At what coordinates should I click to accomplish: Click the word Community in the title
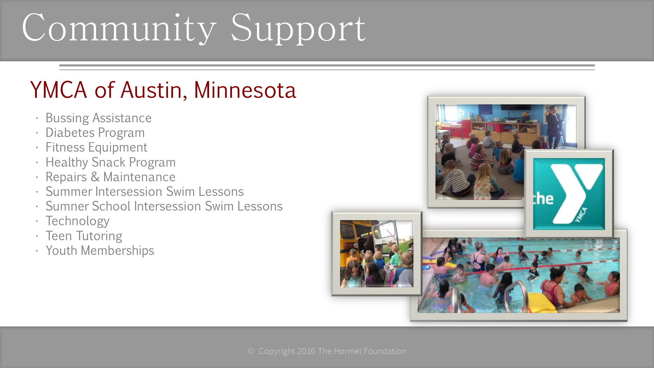[119, 29]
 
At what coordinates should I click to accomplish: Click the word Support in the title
[298, 29]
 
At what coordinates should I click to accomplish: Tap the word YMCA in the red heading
[59, 90]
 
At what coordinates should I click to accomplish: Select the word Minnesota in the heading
[245, 90]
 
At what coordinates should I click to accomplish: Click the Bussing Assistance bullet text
[98, 118]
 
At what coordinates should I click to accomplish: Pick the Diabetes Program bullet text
[95, 133]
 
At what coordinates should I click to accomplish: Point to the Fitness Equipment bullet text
[96, 148]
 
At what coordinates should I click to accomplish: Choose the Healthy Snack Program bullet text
[110, 162]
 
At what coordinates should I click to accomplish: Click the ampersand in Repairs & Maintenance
[95, 177]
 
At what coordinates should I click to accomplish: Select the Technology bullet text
[77, 221]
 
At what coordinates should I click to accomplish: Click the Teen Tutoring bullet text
[84, 236]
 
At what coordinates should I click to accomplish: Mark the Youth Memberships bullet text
[100, 250]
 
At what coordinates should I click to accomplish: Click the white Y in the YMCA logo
[576, 191]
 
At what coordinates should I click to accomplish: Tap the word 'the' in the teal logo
[543, 199]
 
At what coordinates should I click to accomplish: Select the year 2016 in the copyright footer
[306, 351]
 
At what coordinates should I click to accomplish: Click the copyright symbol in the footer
[251, 351]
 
